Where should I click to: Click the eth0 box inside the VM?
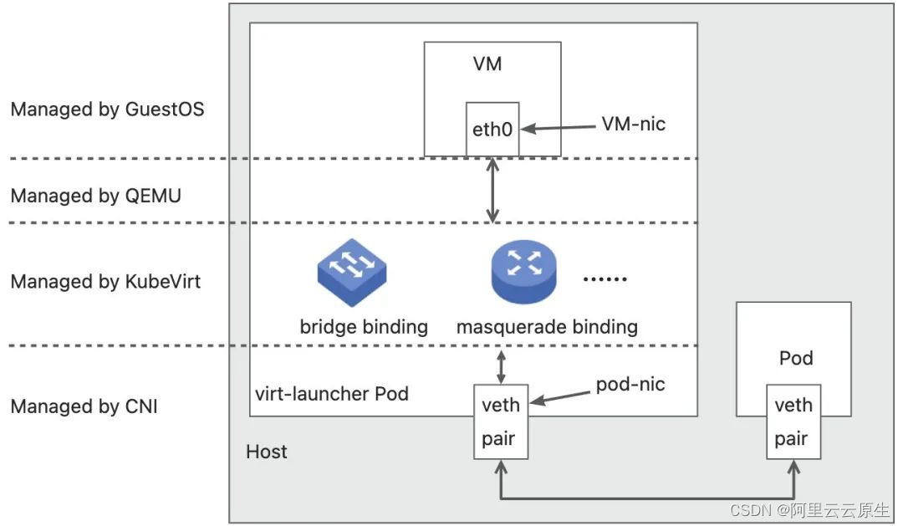[492, 130]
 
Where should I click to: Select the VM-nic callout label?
[634, 124]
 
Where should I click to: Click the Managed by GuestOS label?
[107, 110]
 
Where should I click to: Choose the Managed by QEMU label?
[95, 196]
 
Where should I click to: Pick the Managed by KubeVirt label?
[105, 282]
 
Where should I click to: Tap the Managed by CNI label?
[84, 407]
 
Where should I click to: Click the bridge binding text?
[364, 326]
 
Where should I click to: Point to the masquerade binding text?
[547, 326]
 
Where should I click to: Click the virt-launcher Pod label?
[332, 393]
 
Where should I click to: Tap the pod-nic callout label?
[630, 384]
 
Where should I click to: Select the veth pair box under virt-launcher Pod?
[501, 421]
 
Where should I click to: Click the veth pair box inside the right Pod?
[793, 421]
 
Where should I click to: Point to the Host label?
[267, 452]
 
